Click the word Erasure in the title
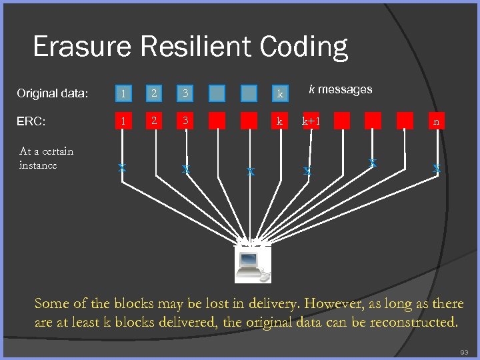pyautogui.click(x=83, y=47)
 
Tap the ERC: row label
pyautogui.click(x=31, y=122)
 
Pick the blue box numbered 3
pyautogui.click(x=186, y=93)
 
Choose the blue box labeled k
pyautogui.click(x=280, y=93)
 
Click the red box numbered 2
pyautogui.click(x=154, y=121)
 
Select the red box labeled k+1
pyautogui.click(x=311, y=121)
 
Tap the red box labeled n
pyautogui.click(x=436, y=121)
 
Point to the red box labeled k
pyautogui.click(x=280, y=121)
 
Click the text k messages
pyautogui.click(x=340, y=89)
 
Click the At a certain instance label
pyautogui.click(x=46, y=158)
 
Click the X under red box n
pyautogui.click(x=436, y=169)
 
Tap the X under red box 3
pyautogui.click(x=187, y=170)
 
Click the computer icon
pyautogui.click(x=253, y=264)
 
